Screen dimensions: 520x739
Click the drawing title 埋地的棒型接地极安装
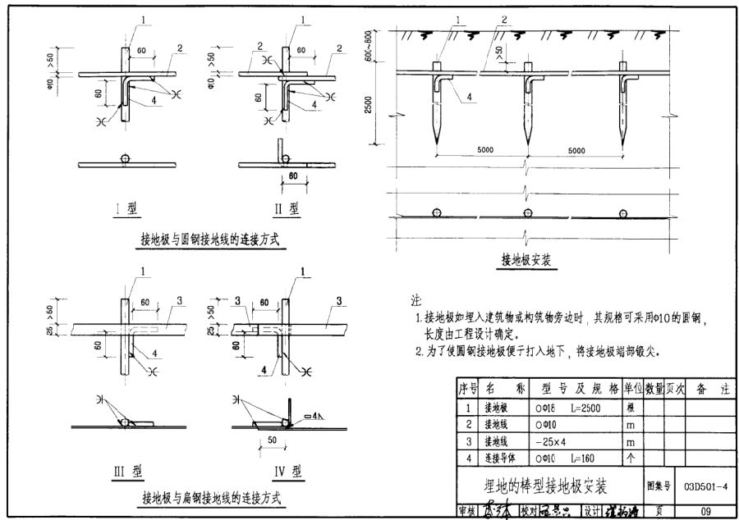pos(545,487)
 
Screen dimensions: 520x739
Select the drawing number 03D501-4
pos(704,487)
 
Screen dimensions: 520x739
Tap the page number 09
pos(704,511)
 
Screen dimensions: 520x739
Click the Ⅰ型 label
pos(125,208)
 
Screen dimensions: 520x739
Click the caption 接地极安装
pos(526,261)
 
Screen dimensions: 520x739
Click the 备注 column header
pos(708,389)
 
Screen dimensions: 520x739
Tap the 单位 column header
pos(632,389)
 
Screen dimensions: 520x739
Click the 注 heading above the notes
pos(416,299)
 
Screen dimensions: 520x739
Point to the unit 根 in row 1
pos(631,408)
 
